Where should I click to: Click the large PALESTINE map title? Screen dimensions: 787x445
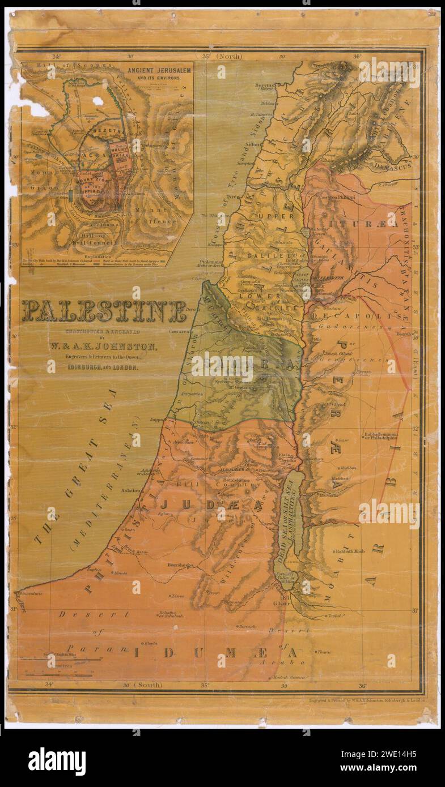(x=104, y=311)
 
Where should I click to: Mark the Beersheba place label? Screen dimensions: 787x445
(x=181, y=565)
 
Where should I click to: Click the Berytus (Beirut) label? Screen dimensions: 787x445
(x=264, y=87)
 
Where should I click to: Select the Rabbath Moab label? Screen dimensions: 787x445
(x=350, y=551)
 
